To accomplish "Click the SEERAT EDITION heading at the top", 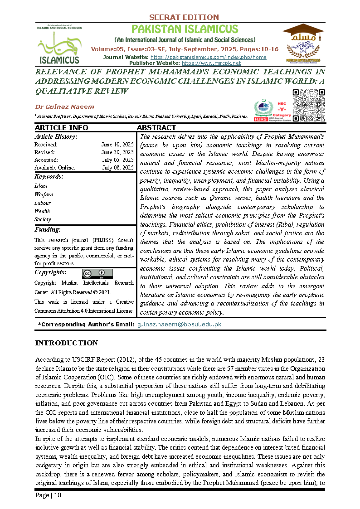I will (x=184, y=17).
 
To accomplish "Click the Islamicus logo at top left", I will (x=58, y=44).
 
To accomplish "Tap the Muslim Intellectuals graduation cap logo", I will (x=303, y=43).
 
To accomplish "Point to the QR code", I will (x=309, y=106).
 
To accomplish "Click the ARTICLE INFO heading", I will (x=61, y=128).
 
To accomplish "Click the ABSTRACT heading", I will (x=156, y=128).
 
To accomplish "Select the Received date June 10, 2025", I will (x=117, y=144).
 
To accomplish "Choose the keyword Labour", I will (x=43, y=203).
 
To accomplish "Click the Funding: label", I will (x=48, y=230).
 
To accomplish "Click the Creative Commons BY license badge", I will (x=97, y=274).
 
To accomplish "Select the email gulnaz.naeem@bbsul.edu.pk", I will (x=179, y=325).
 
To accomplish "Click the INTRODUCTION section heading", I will (x=66, y=343).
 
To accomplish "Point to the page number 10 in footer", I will (x=58, y=495).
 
